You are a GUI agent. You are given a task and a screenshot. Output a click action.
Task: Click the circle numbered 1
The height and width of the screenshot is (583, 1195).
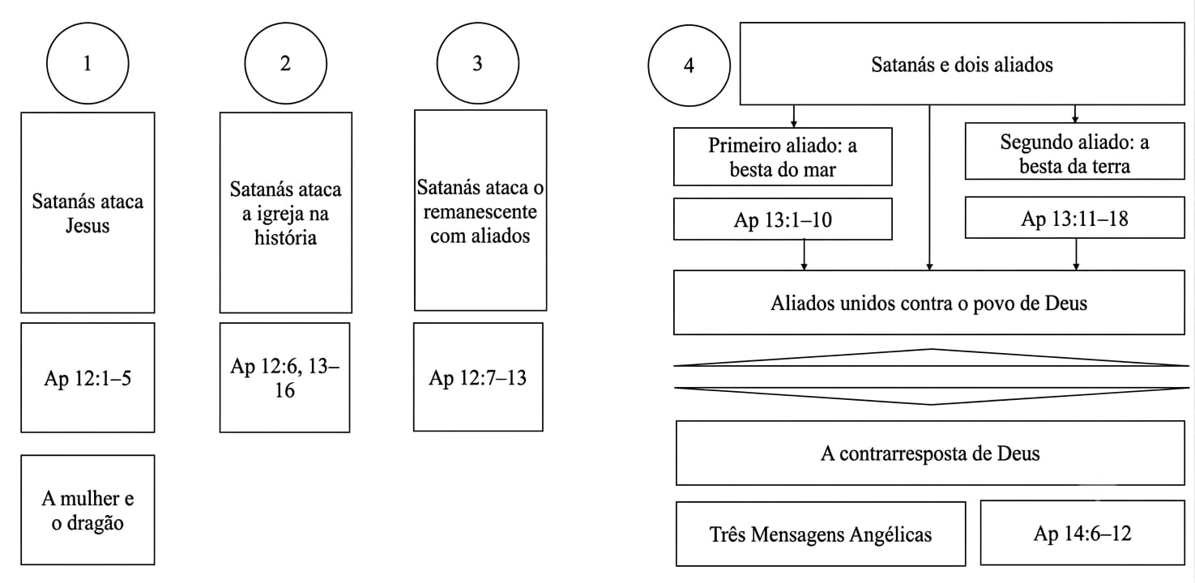[87, 63]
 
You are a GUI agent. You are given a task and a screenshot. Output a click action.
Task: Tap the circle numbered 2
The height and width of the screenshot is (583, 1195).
[286, 63]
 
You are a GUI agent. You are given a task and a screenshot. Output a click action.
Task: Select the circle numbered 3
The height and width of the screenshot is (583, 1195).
[478, 63]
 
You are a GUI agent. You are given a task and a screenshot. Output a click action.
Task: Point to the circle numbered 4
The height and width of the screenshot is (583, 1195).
[689, 65]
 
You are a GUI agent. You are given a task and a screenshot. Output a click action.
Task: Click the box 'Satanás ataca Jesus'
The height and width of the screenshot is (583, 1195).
[88, 212]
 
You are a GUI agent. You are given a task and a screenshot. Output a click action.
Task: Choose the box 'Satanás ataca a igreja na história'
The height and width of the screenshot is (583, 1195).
[286, 212]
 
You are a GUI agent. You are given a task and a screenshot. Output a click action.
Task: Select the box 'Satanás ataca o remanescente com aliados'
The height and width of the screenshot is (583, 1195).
[480, 211]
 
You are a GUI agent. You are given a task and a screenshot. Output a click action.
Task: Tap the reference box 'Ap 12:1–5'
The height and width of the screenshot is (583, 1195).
[88, 377]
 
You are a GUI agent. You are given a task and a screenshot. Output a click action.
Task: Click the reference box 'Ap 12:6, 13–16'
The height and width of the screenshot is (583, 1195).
[285, 377]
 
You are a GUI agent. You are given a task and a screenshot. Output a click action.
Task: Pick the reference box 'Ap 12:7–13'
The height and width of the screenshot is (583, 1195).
[479, 377]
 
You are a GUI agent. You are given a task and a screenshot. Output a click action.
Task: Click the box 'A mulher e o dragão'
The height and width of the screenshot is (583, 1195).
[88, 510]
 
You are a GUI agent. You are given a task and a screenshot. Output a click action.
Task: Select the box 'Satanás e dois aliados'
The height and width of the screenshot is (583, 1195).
[962, 63]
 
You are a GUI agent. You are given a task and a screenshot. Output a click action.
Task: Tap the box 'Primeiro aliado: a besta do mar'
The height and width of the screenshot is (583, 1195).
[783, 157]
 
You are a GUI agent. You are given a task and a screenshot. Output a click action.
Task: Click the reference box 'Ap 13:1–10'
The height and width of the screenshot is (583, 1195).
[783, 219]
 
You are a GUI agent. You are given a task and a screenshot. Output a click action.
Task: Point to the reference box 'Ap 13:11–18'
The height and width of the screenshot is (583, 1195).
[1075, 218]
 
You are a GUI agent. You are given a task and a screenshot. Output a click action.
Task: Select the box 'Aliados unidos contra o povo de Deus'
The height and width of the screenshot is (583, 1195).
[929, 303]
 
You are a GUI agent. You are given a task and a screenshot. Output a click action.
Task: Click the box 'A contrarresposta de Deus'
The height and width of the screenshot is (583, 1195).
[930, 453]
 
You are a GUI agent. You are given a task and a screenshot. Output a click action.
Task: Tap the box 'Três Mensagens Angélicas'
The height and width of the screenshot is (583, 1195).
[821, 534]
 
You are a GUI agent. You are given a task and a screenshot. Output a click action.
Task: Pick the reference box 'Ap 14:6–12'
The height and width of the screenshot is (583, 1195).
[1082, 533]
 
